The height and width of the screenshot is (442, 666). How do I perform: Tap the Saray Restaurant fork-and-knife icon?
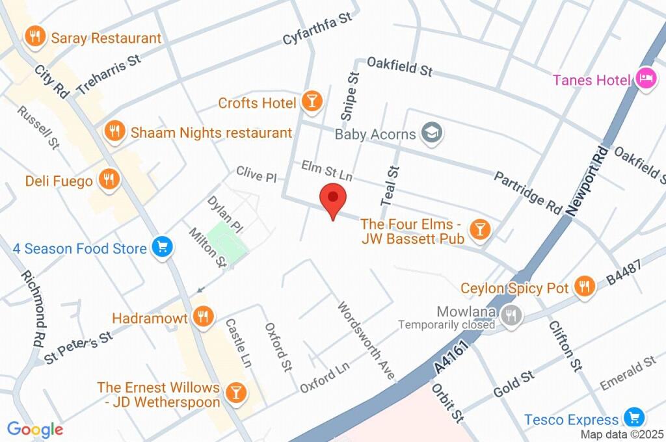point(33,38)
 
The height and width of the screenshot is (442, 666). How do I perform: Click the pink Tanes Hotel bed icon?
point(645,79)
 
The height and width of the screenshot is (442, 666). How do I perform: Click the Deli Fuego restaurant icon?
point(107,179)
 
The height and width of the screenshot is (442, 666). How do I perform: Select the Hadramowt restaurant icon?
point(203,317)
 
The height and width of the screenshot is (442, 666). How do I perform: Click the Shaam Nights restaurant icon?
point(114,131)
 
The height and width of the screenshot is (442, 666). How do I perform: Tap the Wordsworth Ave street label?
point(366,341)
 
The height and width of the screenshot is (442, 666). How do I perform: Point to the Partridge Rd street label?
point(527,192)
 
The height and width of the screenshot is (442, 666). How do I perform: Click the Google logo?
point(35,429)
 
